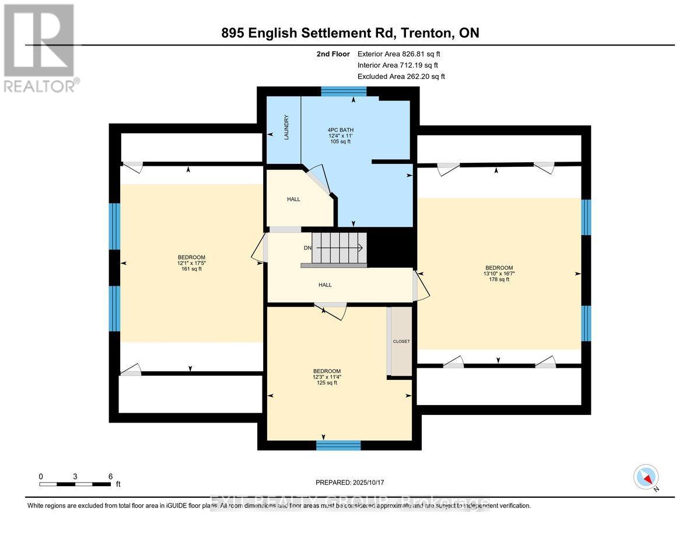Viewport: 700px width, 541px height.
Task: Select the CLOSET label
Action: [x=401, y=341]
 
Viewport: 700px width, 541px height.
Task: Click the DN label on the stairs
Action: [x=307, y=248]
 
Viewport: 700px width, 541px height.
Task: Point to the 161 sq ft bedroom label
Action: [x=191, y=263]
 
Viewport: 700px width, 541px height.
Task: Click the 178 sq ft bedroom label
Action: [x=499, y=273]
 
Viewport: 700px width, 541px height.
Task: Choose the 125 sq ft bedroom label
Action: [x=327, y=377]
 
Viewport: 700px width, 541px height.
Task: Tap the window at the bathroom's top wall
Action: [x=344, y=91]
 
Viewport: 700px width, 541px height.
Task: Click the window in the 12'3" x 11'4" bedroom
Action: [x=338, y=445]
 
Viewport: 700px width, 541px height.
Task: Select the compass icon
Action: [x=646, y=477]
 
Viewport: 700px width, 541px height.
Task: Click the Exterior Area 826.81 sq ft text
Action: [x=398, y=54]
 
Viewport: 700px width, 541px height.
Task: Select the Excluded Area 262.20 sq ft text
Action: [x=401, y=76]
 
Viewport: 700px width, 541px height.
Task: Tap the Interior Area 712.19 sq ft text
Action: [x=397, y=65]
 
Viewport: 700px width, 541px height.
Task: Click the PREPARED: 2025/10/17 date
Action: [x=350, y=483]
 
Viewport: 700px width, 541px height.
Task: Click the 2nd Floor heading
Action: [x=332, y=54]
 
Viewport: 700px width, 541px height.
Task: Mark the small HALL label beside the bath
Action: [x=293, y=199]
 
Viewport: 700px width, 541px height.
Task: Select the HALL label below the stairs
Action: [x=325, y=285]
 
